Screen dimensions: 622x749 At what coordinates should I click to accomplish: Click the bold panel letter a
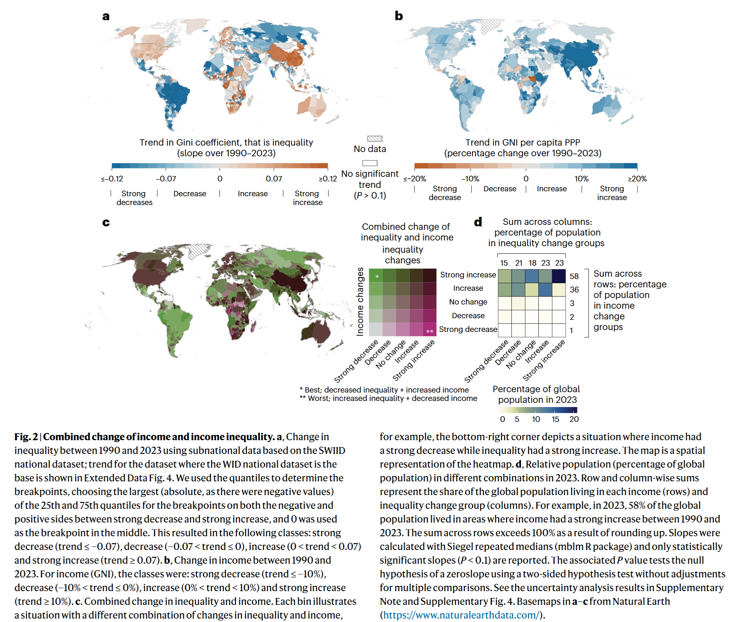pos(106,16)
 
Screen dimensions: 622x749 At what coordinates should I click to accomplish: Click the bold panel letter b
pos(399,16)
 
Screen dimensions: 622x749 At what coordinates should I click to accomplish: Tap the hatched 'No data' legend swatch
pos(374,139)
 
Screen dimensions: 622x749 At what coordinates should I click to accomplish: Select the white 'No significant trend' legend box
pos(370,163)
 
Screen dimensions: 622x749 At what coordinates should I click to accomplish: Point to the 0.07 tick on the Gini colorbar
pos(274,178)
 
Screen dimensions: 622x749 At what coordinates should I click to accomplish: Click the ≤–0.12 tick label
pos(112,179)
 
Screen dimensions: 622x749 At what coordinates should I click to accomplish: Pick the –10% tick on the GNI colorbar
pos(470,179)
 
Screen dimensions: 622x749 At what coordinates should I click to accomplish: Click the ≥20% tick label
pos(637,179)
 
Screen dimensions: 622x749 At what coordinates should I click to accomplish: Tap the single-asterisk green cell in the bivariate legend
pos(376,276)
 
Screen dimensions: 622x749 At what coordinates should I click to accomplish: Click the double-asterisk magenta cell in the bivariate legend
pos(430,330)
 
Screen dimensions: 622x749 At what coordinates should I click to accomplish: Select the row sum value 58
pos(574,276)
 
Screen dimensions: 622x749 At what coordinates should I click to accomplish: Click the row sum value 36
pos(574,290)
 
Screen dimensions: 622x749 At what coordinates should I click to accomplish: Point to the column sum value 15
pos(504,263)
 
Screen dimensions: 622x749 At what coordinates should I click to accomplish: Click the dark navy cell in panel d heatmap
pos(559,276)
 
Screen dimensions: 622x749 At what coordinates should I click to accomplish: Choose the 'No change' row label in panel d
pos(468,302)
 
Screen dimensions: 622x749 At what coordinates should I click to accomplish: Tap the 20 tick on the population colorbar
pos(574,419)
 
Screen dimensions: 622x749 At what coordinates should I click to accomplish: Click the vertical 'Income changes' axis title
pos(360,302)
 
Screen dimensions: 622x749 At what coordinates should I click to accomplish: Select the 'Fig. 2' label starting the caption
pos(26,437)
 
